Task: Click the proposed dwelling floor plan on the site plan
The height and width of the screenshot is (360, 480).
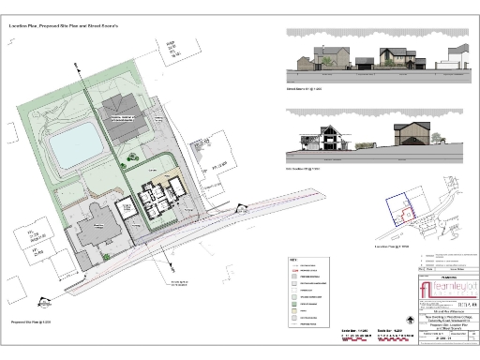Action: [x=162, y=199]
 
